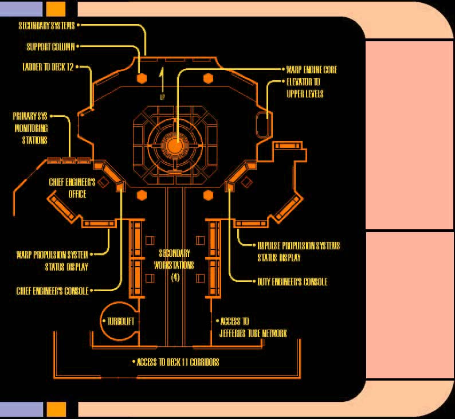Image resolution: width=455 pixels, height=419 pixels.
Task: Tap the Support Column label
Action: (50, 46)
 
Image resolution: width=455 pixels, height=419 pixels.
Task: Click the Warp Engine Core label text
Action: (312, 70)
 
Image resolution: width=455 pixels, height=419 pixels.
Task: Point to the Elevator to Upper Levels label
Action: (305, 88)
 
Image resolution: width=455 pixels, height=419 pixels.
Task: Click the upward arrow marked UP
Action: (163, 77)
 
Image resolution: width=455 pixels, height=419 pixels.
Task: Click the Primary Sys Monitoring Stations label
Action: (31, 128)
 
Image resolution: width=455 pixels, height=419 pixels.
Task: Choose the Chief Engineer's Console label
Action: (52, 291)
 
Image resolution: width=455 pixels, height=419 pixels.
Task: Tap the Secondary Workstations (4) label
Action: (175, 265)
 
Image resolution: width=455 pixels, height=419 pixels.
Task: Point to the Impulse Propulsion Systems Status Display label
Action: (298, 251)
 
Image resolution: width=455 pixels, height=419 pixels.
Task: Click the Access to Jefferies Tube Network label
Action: (252, 327)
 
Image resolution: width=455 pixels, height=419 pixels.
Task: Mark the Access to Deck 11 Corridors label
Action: (178, 362)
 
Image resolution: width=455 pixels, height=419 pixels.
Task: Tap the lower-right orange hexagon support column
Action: (207, 195)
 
